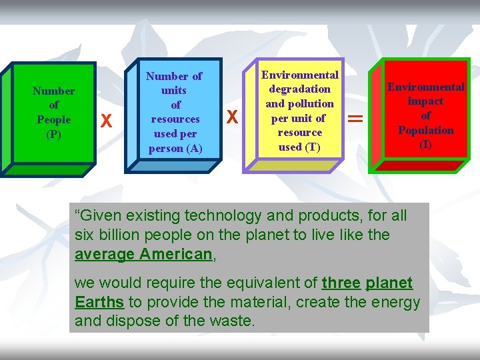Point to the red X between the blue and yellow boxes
tap(232, 117)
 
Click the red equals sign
tap(356, 119)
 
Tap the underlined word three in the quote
tap(341, 283)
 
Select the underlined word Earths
tap(99, 302)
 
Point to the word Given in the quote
tap(100, 215)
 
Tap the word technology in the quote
tap(219, 215)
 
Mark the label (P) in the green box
tap(53, 134)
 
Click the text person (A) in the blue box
tap(175, 148)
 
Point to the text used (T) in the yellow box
tap(299, 147)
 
